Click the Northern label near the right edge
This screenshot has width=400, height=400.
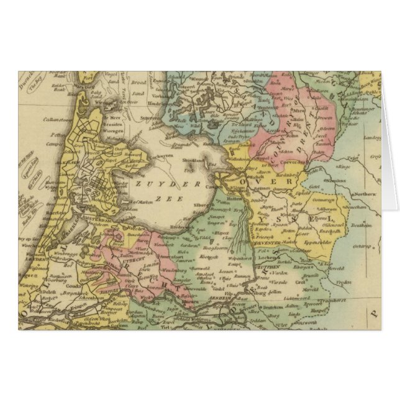pos(365,194)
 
